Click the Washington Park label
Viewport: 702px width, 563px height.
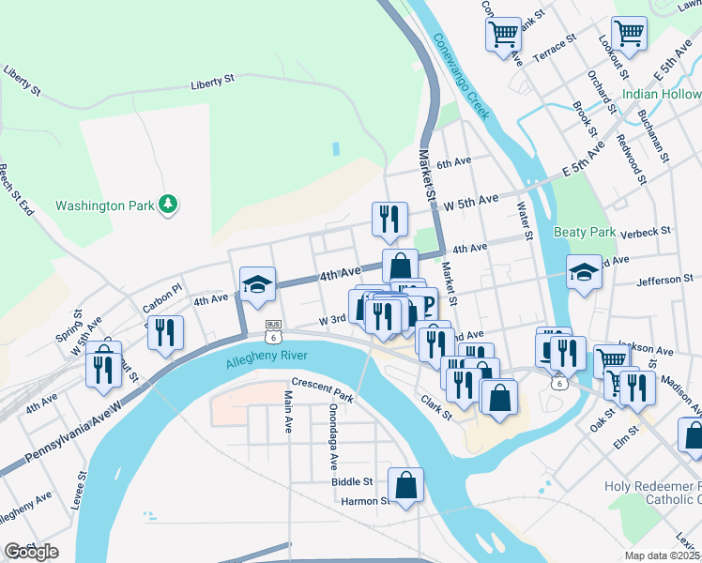click(x=103, y=205)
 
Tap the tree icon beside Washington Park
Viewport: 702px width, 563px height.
click(x=168, y=204)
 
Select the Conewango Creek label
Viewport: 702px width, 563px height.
click(x=461, y=76)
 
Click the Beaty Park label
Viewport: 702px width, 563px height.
click(x=584, y=232)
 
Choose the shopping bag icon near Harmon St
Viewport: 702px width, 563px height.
click(x=405, y=486)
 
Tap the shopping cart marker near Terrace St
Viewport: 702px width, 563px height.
click(x=504, y=34)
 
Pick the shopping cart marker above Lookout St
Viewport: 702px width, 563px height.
click(x=629, y=33)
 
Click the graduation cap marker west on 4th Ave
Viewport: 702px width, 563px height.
click(x=255, y=283)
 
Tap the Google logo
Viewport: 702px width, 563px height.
click(x=31, y=552)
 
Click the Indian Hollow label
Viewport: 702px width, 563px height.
click(x=661, y=95)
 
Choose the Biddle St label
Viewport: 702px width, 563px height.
click(x=352, y=481)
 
